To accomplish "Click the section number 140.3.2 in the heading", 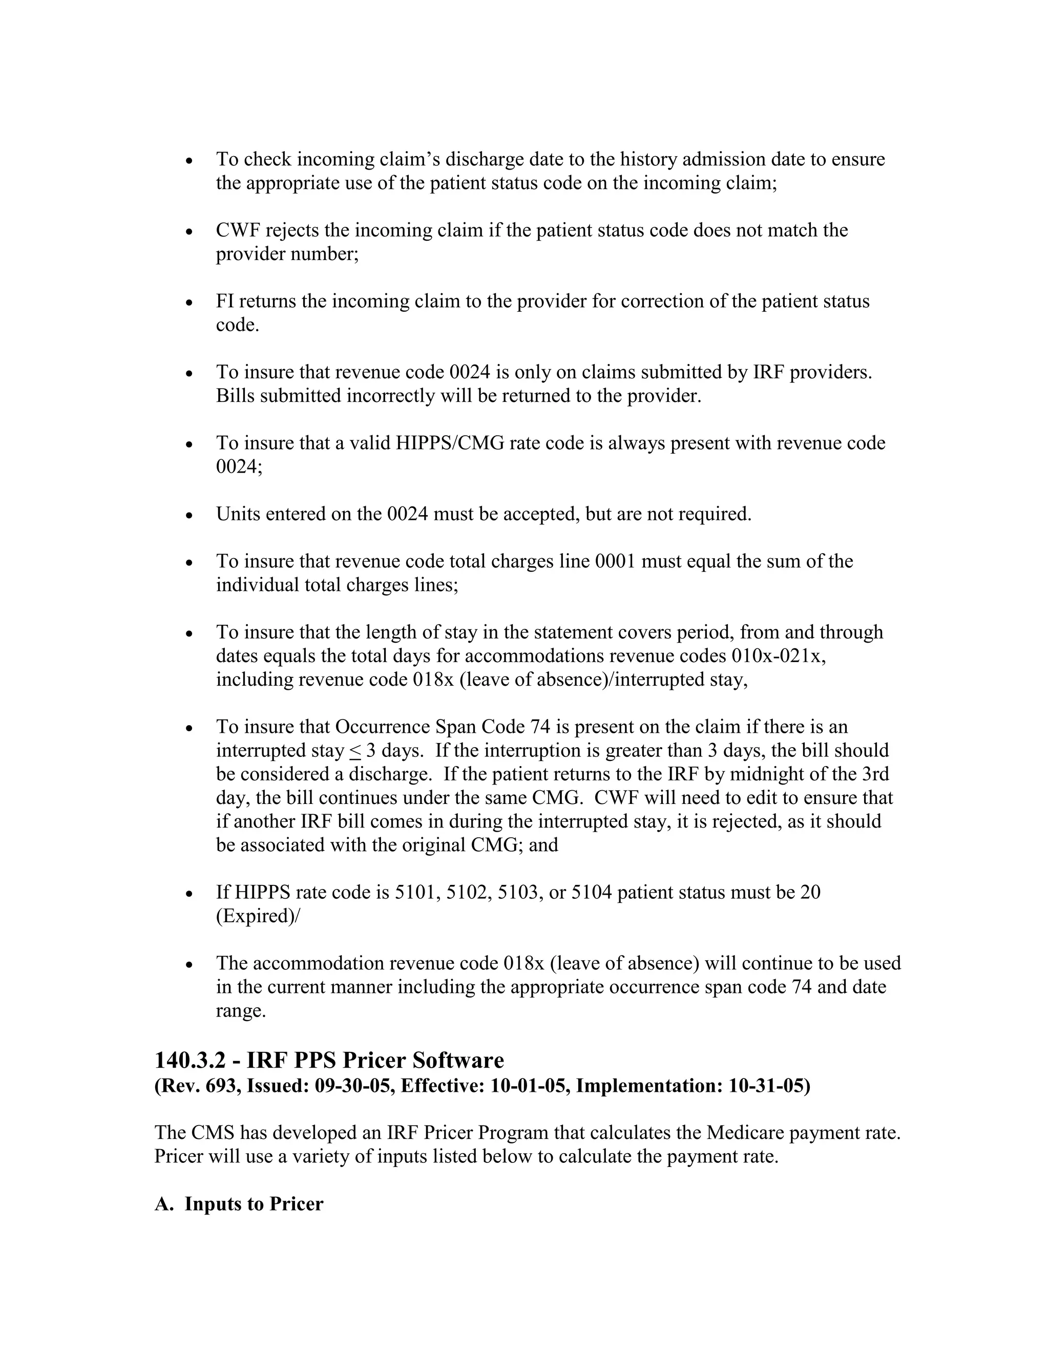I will [190, 1060].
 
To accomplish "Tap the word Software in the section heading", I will [458, 1060].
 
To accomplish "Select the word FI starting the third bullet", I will [224, 301].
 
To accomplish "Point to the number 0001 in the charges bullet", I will [615, 561].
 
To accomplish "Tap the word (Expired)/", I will [257, 917].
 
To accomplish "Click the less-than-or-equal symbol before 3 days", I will [355, 751].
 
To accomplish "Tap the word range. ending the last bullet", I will [241, 1011].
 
